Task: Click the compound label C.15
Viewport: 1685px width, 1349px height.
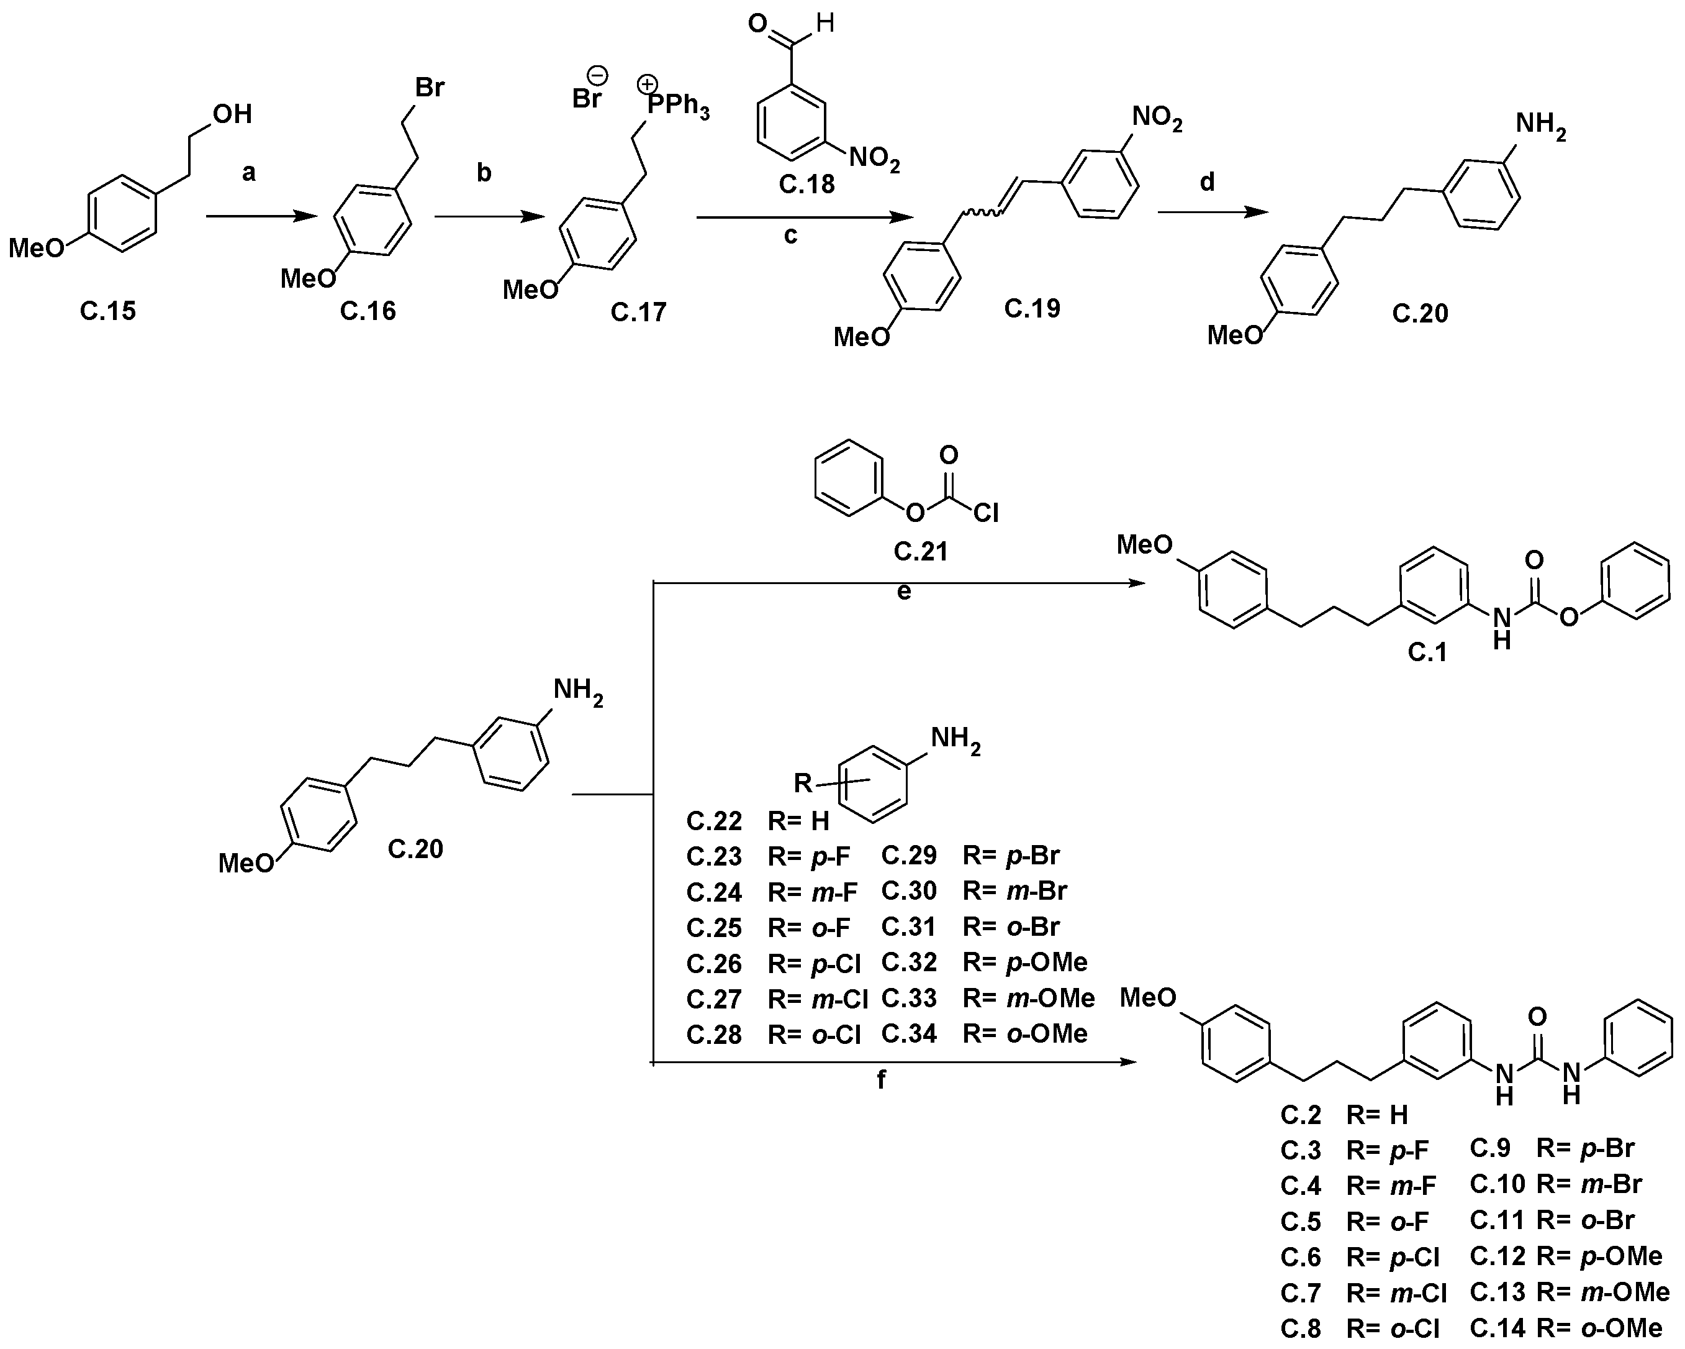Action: point(108,311)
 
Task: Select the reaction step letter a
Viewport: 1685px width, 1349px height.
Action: point(248,172)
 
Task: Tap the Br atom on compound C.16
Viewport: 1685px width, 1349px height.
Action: point(429,87)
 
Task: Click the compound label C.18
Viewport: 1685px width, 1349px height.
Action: point(806,185)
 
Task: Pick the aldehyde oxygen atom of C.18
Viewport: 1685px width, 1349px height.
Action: point(757,24)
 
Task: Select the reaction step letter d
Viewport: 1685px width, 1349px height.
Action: point(1207,182)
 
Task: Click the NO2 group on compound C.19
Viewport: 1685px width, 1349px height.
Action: point(1157,119)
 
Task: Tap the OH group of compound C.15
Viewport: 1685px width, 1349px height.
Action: point(232,114)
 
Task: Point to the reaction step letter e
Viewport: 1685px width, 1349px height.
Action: point(903,592)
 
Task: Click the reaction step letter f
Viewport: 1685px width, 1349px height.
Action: point(882,1080)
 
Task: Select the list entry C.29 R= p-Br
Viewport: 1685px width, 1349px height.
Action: point(970,856)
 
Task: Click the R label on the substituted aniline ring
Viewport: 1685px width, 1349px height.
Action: point(803,782)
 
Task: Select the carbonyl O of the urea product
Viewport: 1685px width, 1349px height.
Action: point(1537,1017)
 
